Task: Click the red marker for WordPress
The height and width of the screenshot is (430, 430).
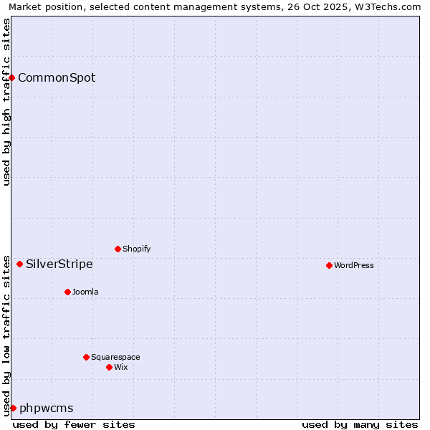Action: tap(329, 265)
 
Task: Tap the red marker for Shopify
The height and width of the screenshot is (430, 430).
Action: tap(118, 249)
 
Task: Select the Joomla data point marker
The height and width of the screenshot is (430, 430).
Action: tap(67, 292)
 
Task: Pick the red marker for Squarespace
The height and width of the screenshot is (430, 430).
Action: tap(86, 357)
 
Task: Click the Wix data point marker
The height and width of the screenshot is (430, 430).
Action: tap(109, 367)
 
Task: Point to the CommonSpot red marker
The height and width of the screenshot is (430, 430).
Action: tap(12, 77)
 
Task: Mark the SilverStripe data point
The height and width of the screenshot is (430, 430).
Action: tap(19, 264)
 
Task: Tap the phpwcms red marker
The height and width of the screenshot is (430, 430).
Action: tap(13, 408)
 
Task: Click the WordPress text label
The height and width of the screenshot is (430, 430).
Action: tap(354, 265)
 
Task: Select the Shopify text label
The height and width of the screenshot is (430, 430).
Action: tap(136, 249)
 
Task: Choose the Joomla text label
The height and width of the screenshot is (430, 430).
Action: tap(85, 292)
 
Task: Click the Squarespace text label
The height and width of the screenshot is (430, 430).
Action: tap(115, 357)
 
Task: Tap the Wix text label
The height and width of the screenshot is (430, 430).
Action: tap(120, 367)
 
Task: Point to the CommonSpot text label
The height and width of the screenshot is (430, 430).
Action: tap(57, 77)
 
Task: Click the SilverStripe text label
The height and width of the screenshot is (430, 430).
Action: tap(59, 264)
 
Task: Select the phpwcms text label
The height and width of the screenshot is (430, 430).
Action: tap(47, 408)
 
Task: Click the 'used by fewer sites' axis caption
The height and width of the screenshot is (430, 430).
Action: tap(74, 424)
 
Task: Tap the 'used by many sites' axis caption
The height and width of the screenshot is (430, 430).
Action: tap(360, 424)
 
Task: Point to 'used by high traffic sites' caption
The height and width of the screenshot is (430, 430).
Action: tap(6, 102)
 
